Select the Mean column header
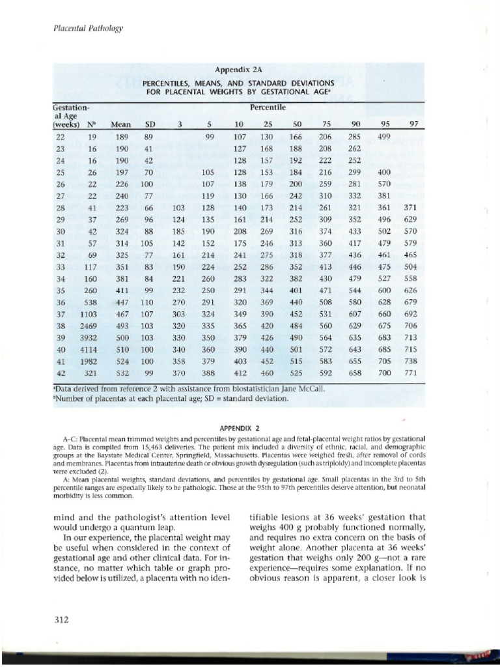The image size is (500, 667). pyautogui.click(x=121, y=124)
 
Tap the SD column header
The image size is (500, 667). pyautogui.click(x=149, y=124)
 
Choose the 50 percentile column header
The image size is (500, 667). pyautogui.click(x=296, y=124)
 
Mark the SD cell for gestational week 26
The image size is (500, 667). pyautogui.click(x=146, y=185)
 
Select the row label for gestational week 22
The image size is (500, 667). pyautogui.click(x=60, y=137)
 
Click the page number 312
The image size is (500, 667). pyautogui.click(x=62, y=620)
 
